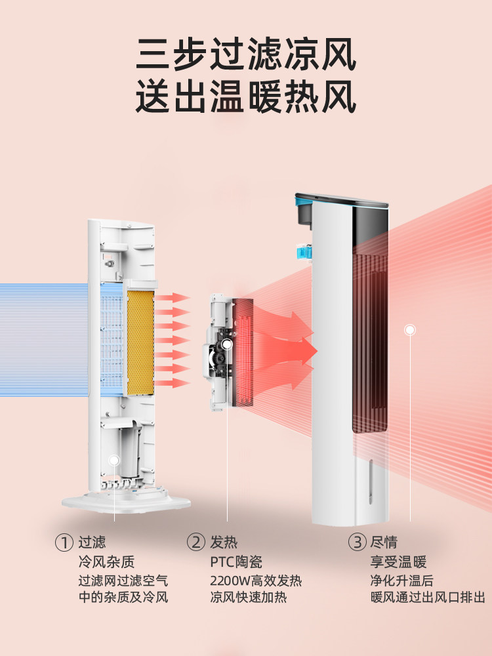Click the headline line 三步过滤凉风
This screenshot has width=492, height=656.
(246, 55)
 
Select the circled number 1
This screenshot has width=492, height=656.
(64, 543)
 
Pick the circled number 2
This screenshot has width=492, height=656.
(195, 543)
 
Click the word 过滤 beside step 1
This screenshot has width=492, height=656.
(92, 543)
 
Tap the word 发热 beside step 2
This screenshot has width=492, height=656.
(224, 543)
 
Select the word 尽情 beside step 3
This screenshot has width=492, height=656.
(384, 543)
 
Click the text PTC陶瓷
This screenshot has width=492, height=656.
(236, 562)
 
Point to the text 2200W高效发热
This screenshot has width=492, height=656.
(256, 581)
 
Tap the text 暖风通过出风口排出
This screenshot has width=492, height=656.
(428, 597)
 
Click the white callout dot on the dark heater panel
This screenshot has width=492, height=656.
(410, 329)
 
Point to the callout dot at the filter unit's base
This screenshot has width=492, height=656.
(115, 461)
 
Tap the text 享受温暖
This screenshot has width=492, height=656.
(398, 562)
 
